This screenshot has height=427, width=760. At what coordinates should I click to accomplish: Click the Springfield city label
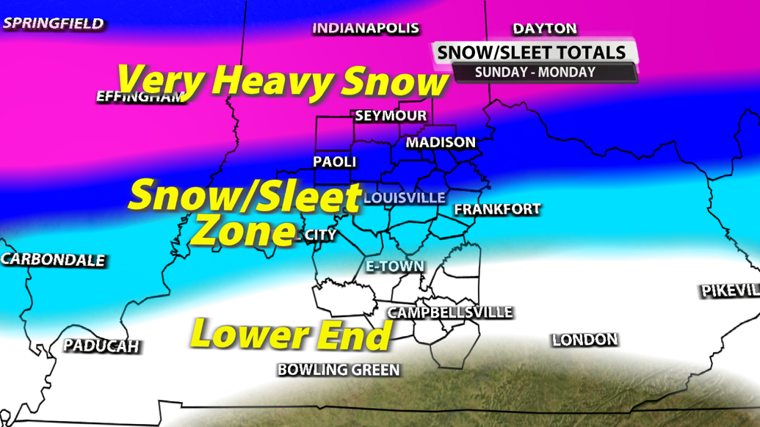[53, 23]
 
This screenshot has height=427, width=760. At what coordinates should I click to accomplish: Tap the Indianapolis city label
[366, 29]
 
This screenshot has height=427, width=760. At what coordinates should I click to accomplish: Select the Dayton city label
[544, 29]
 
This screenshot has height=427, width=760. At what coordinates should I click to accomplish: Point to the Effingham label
[140, 97]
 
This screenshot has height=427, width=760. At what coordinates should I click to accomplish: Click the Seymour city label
[390, 116]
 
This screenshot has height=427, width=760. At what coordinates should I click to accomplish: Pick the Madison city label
[441, 142]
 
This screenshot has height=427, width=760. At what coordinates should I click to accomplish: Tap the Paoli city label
[334, 161]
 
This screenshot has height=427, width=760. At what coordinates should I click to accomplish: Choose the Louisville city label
[404, 198]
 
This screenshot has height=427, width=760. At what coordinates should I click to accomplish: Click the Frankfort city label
[497, 210]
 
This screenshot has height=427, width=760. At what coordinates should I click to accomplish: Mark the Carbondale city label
[53, 260]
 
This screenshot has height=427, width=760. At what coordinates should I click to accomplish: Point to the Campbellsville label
[449, 313]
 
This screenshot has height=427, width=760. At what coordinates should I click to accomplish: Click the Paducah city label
[101, 346]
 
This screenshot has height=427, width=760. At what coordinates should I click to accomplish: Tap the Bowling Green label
[339, 371]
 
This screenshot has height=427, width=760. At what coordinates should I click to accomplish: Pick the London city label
[585, 340]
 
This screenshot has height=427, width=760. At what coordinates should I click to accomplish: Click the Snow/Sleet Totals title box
[532, 52]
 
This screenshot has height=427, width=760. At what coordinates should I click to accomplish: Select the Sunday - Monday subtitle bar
[535, 73]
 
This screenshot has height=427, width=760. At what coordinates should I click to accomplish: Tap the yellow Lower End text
[291, 335]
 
